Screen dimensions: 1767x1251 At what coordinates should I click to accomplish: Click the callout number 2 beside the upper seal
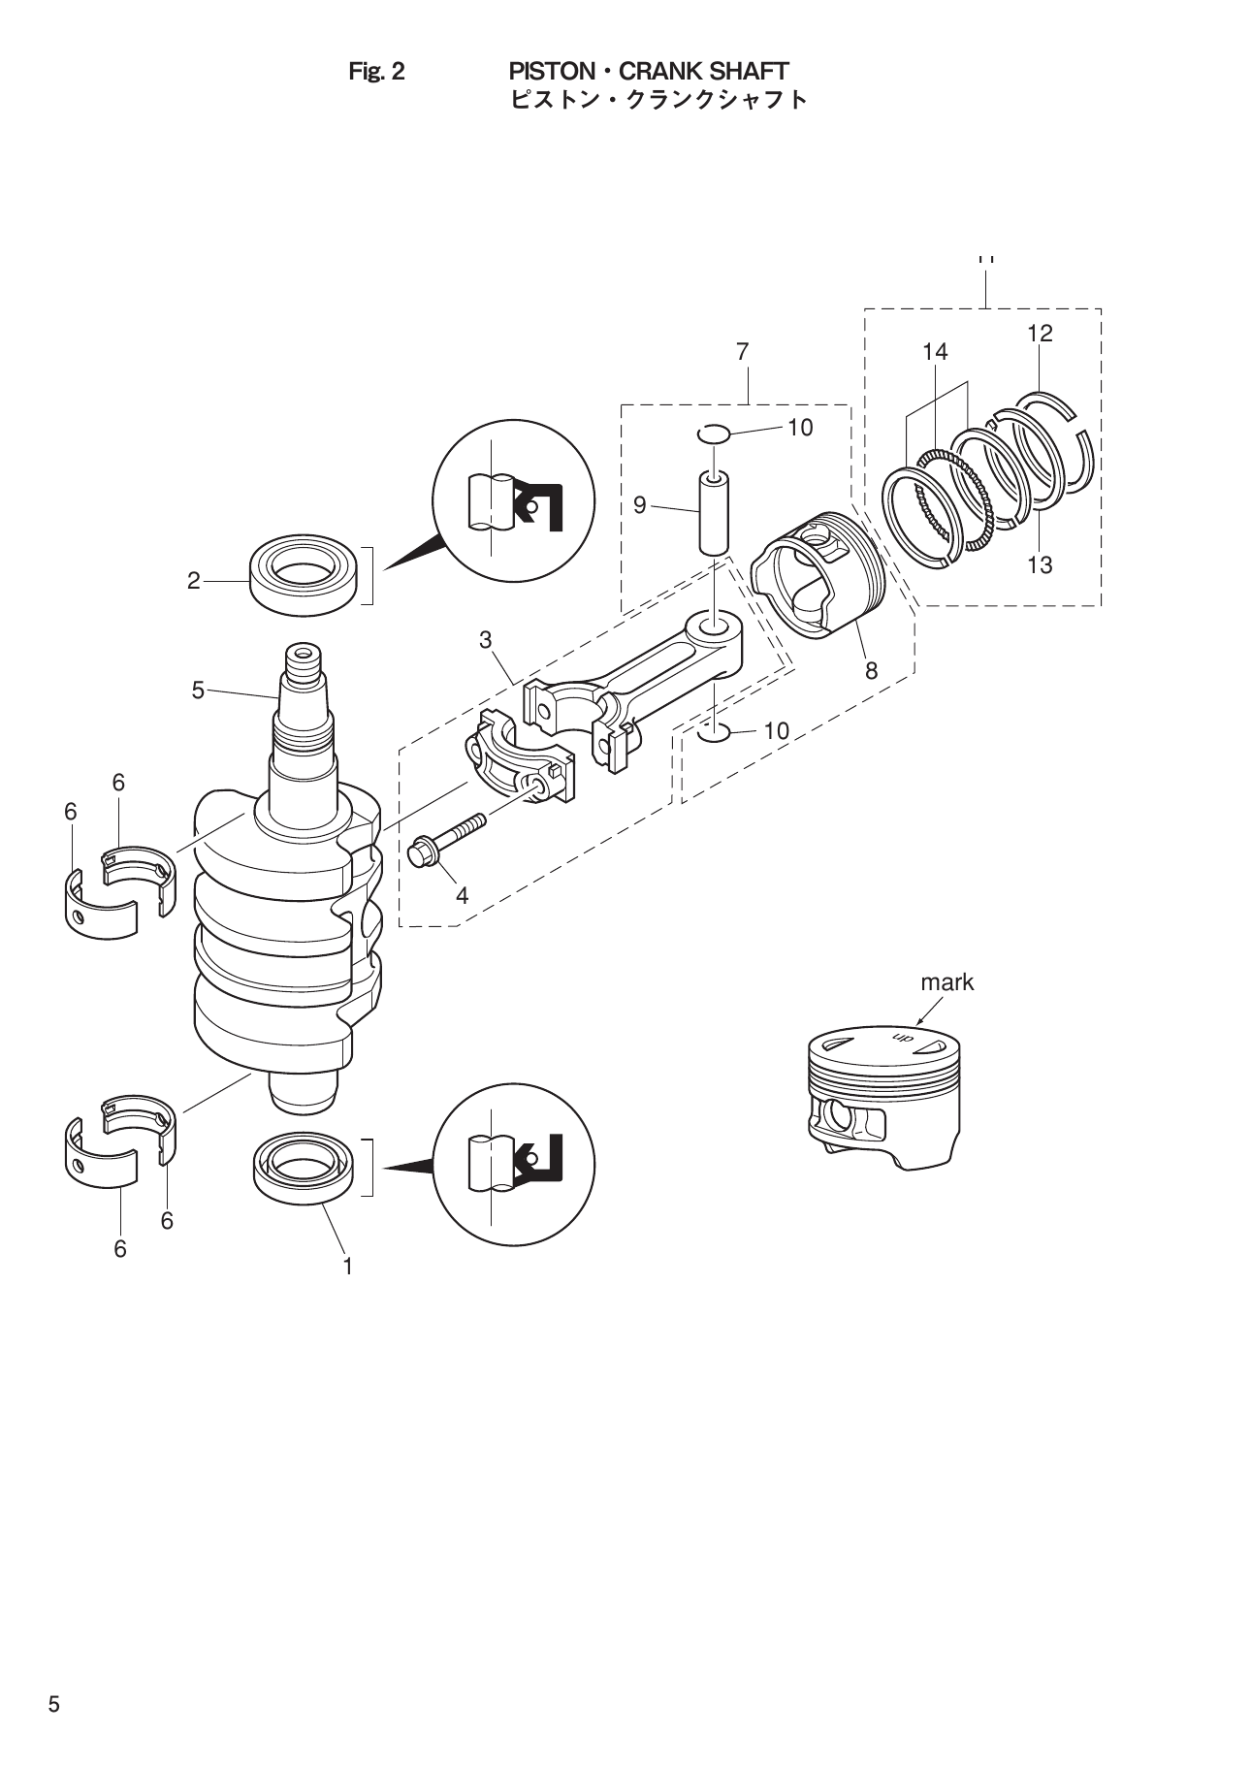(193, 581)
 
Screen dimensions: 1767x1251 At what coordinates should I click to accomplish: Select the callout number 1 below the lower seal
(346, 1266)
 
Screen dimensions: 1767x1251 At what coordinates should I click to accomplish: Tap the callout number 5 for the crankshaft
(198, 691)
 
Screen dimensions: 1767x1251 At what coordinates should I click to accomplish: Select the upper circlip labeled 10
(714, 433)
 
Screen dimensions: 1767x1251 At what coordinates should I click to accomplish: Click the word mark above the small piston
(946, 982)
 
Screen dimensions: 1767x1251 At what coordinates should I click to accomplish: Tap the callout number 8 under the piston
(871, 669)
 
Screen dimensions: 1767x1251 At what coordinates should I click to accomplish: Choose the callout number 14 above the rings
(935, 352)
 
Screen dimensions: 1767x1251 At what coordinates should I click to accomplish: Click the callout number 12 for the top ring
(1040, 334)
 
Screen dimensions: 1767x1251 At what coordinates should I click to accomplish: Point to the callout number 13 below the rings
(1040, 565)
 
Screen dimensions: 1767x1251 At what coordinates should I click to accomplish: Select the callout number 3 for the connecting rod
(485, 640)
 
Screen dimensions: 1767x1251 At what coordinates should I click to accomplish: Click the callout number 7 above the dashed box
(742, 352)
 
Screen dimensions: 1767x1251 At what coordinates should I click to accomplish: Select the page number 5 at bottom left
(54, 1705)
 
